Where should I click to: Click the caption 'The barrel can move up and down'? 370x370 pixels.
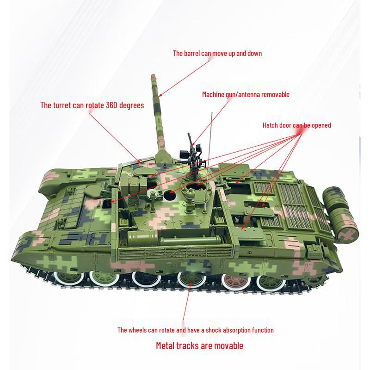[x=217, y=53]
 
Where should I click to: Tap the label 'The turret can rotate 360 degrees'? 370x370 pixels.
[x=92, y=105]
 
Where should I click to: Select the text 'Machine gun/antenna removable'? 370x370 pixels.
[x=246, y=94]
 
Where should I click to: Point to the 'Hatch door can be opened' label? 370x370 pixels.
[x=296, y=125]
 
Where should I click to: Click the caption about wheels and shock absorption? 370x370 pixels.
[x=195, y=330]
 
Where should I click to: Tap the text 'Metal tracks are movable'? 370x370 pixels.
[x=199, y=345]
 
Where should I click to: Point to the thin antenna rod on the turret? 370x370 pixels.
[x=211, y=134]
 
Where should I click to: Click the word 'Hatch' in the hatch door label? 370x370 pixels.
[x=271, y=125]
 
